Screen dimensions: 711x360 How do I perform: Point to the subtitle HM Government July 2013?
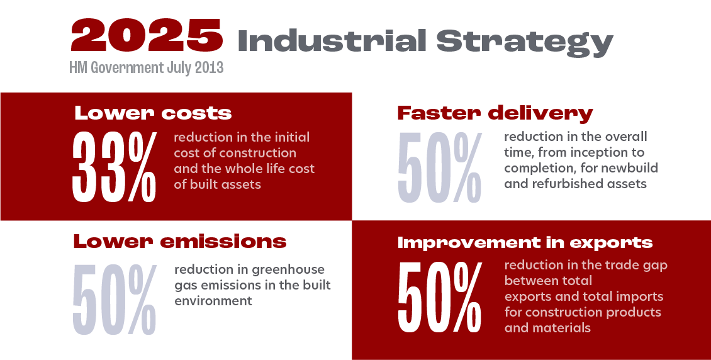(147, 67)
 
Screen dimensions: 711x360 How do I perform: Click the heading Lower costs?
(153, 113)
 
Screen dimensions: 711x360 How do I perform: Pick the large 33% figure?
(115, 167)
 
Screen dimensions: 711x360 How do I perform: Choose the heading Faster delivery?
(495, 113)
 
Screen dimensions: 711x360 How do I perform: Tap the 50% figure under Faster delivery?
(439, 167)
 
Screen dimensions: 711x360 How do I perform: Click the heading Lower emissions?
(179, 241)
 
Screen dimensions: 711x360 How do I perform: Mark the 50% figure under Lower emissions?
(115, 300)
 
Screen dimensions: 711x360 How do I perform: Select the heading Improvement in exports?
(525, 242)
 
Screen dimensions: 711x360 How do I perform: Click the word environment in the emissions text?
(213, 301)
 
